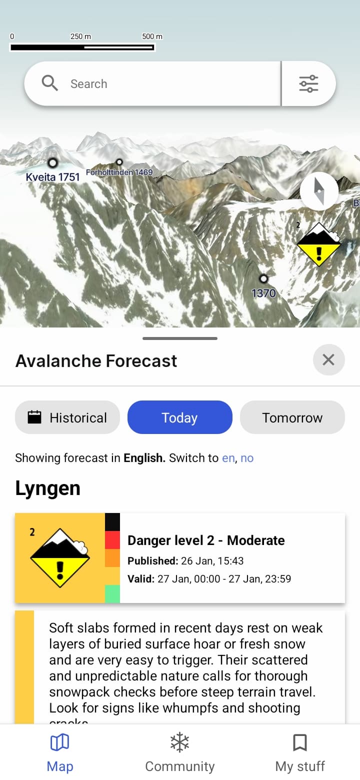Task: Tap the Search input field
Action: tap(165, 83)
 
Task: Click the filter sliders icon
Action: tap(308, 83)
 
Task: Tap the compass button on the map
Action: tap(319, 191)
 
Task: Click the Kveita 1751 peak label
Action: tap(52, 176)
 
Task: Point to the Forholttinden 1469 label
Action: tap(119, 172)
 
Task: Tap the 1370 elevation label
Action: tap(263, 293)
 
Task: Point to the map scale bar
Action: tap(82, 47)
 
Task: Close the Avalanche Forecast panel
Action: tap(328, 359)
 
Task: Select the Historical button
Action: tap(67, 417)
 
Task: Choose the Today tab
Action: tap(180, 417)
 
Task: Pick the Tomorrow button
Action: tap(292, 417)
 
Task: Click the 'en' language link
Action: tap(228, 458)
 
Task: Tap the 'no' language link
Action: tap(247, 458)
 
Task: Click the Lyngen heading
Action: tap(47, 488)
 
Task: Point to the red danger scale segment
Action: tap(112, 539)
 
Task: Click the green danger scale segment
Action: tap(112, 593)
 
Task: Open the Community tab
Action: tap(180, 752)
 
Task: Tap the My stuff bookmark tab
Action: tap(300, 752)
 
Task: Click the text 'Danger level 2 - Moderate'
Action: tap(206, 540)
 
